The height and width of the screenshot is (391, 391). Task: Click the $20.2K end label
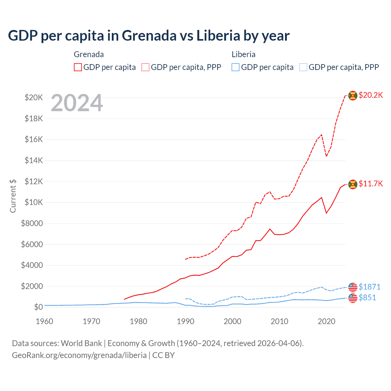click(371, 95)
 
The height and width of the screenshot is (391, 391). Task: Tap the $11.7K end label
click(371, 184)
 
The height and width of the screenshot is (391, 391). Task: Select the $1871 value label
click(369, 287)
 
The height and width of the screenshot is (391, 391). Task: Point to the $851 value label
click(367, 298)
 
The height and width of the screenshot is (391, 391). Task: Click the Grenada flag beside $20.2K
click(353, 96)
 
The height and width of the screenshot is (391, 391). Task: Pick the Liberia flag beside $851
click(353, 298)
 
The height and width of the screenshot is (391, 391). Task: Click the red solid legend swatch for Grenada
click(78, 67)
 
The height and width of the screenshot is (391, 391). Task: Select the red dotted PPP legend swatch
click(146, 67)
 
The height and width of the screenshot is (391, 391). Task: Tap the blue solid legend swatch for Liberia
click(236, 67)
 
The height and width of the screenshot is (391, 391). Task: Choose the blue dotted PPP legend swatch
click(303, 67)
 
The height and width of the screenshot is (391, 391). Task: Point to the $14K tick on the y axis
click(34, 160)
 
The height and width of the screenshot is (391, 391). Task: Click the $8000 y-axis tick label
click(32, 223)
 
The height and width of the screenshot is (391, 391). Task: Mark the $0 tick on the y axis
click(38, 307)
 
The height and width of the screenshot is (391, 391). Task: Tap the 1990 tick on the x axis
click(185, 321)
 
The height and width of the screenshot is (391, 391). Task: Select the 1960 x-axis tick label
click(45, 321)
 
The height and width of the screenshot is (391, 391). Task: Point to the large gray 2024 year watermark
click(77, 103)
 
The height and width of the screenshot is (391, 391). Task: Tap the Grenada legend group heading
click(89, 54)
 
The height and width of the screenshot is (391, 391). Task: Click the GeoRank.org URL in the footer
click(79, 355)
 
